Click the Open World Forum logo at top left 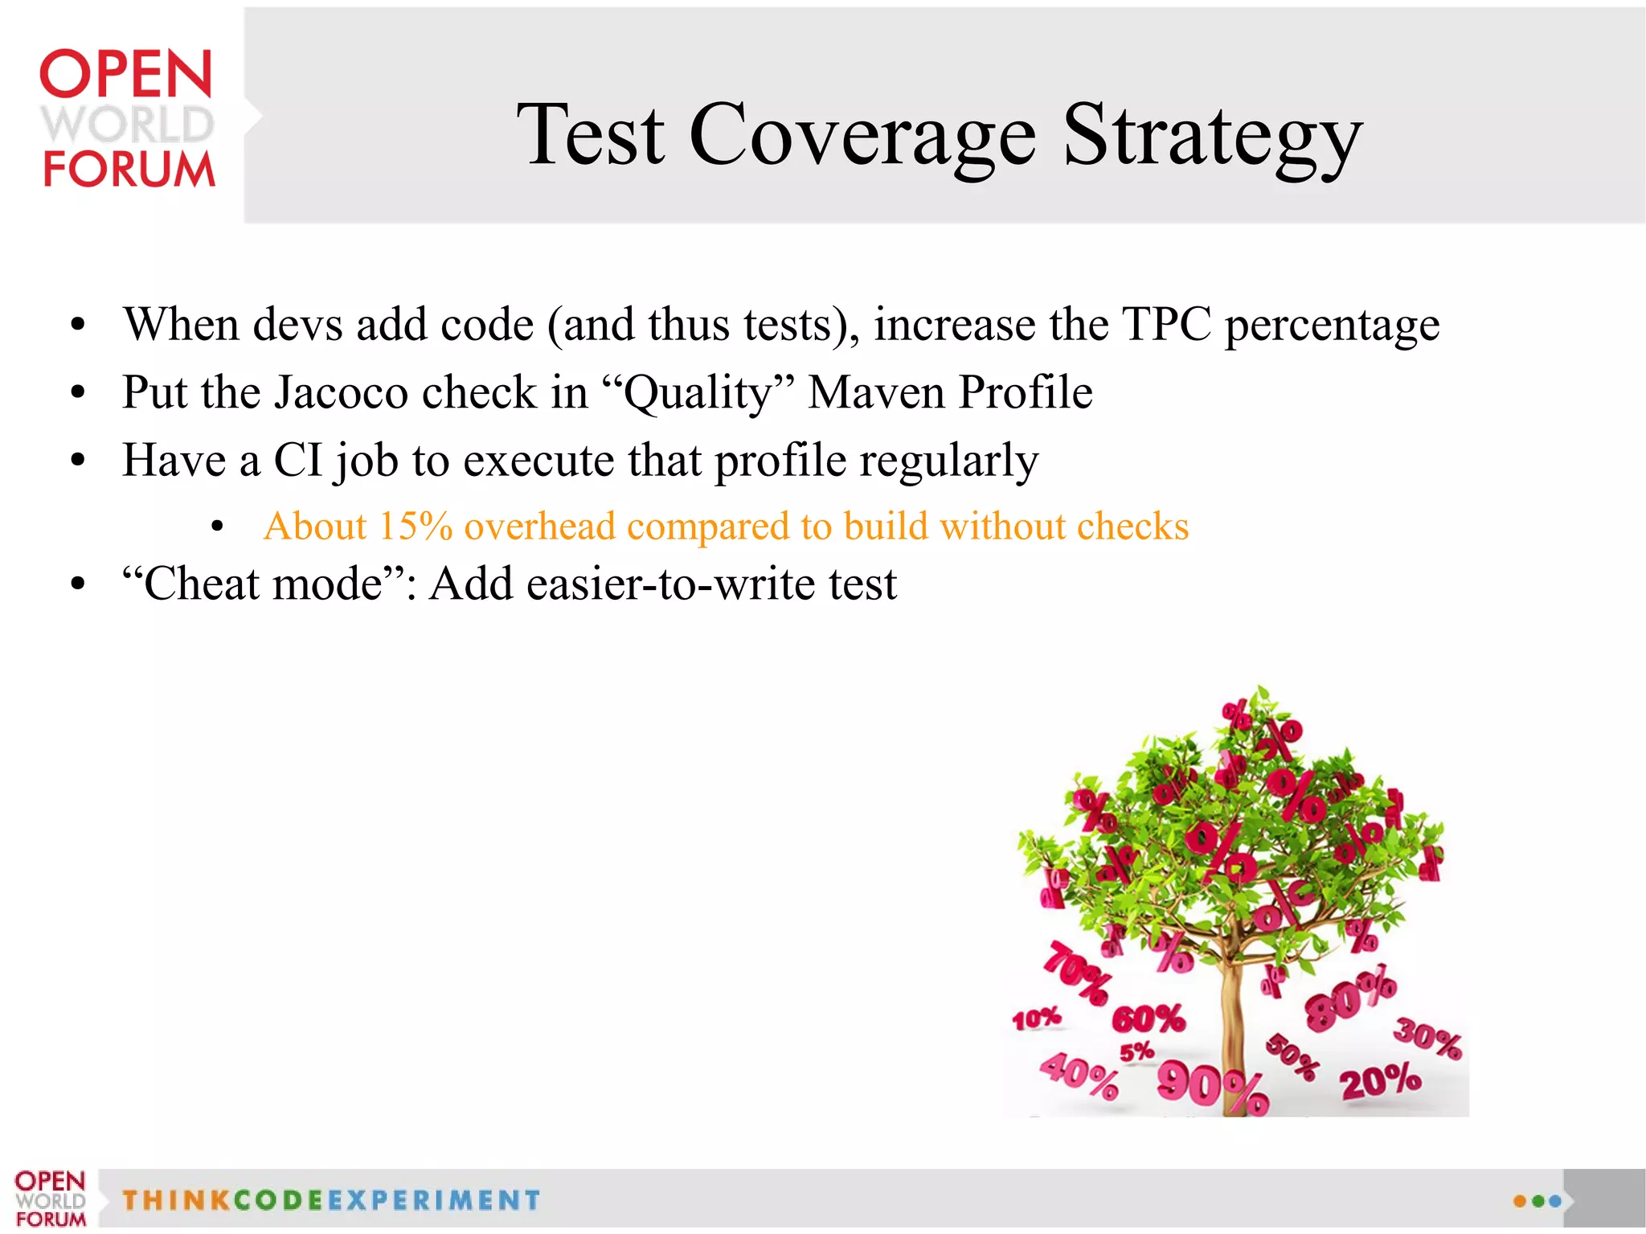[127, 118]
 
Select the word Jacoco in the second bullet [342, 393]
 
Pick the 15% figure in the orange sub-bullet [416, 527]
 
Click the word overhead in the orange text [539, 527]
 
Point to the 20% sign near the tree [1379, 1080]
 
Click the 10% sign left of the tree [1036, 1019]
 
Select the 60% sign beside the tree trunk [1148, 1019]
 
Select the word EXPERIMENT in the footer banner [434, 1200]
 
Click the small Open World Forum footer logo [50, 1199]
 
